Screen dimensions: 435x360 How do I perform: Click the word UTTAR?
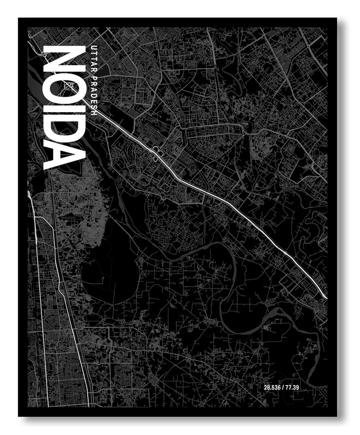point(94,56)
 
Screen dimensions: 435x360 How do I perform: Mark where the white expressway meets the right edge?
point(325,296)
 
